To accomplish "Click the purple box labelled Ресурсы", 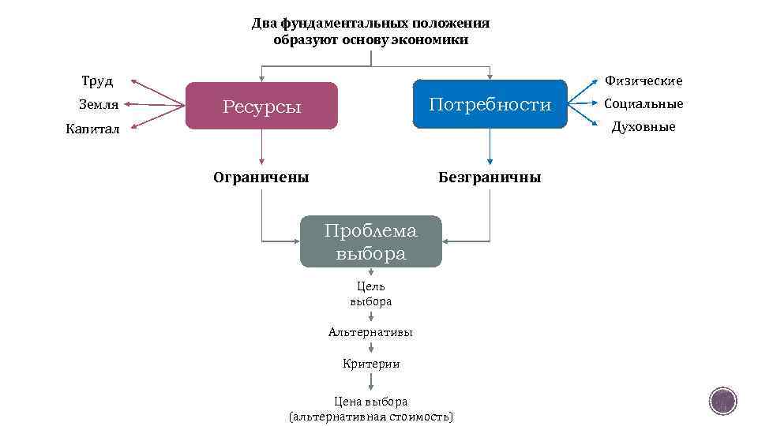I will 261,106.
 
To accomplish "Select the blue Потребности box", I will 490,104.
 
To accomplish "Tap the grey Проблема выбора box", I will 370,242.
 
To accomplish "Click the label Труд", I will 97,81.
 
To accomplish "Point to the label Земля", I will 99,104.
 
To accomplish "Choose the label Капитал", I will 92,129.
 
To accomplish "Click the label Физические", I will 643,80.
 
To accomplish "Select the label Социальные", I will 643,103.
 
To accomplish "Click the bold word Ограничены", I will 261,177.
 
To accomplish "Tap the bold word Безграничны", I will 490,177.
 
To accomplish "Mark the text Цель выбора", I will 370,293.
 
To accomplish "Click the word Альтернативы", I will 370,332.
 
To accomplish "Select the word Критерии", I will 370,364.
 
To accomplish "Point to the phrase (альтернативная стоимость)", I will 370,417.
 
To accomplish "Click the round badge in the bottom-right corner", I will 722,401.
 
